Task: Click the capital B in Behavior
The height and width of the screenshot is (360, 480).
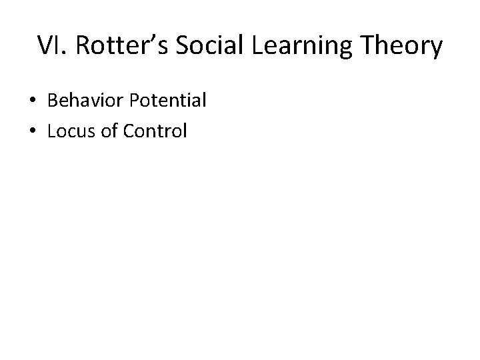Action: pos(53,101)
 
